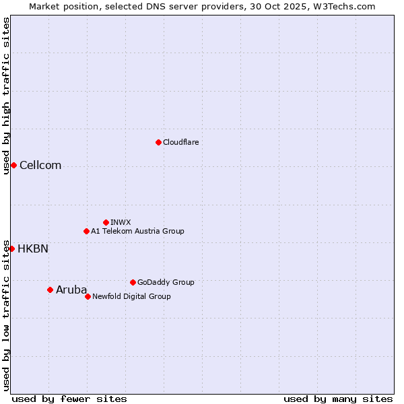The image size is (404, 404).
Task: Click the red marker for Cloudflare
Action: pos(158,142)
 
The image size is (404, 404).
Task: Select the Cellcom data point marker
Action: pos(13,165)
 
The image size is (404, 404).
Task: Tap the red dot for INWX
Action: pos(106,222)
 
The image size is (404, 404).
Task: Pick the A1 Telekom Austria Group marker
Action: pos(86,231)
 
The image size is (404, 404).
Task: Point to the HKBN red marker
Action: pos(11,248)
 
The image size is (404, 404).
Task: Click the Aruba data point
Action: pos(50,290)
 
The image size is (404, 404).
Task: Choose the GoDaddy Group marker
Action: pos(133,282)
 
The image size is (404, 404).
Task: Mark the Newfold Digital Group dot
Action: pos(88,296)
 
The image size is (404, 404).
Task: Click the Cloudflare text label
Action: pos(181,142)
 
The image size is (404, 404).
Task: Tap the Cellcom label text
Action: pos(40,166)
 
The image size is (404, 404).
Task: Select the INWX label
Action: pos(121,222)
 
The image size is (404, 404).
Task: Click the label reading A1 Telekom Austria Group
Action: pos(137,231)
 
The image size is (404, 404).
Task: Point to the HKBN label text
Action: pos(33,249)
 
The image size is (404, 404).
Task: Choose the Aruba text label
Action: pos(71,290)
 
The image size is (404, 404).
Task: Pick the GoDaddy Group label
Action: pos(166,282)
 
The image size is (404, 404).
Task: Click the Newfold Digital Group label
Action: pos(131,296)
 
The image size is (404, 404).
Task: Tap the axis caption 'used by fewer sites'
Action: pos(69,399)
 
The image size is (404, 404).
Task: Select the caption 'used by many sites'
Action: pos(338,399)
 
